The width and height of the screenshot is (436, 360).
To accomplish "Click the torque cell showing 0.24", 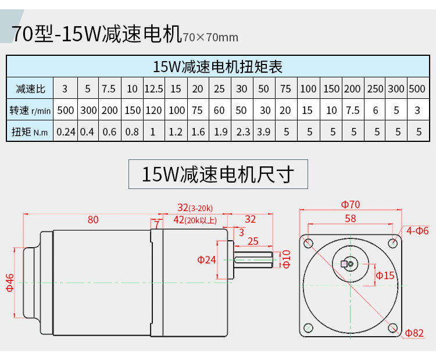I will click(66, 131).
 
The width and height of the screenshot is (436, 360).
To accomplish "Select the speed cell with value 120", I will click(153, 110).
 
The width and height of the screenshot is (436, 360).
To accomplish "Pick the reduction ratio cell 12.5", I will click(153, 89).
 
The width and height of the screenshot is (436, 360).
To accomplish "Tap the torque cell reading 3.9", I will click(264, 131).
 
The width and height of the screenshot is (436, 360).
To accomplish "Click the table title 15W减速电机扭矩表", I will click(217, 66).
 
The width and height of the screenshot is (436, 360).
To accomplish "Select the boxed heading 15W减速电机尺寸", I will click(218, 174).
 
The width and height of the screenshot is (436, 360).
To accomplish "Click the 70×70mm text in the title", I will click(210, 38).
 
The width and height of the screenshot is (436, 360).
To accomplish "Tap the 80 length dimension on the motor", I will click(93, 220).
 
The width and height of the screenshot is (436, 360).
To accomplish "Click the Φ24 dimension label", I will click(207, 259).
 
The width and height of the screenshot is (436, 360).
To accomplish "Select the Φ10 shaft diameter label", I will click(286, 258).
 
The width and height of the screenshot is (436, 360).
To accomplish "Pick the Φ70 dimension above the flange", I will click(351, 205).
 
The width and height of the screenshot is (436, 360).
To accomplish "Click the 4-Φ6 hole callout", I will click(417, 231).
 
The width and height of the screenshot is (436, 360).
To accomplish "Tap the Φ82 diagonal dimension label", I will click(415, 333).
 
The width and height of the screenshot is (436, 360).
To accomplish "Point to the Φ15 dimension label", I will click(385, 275).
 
